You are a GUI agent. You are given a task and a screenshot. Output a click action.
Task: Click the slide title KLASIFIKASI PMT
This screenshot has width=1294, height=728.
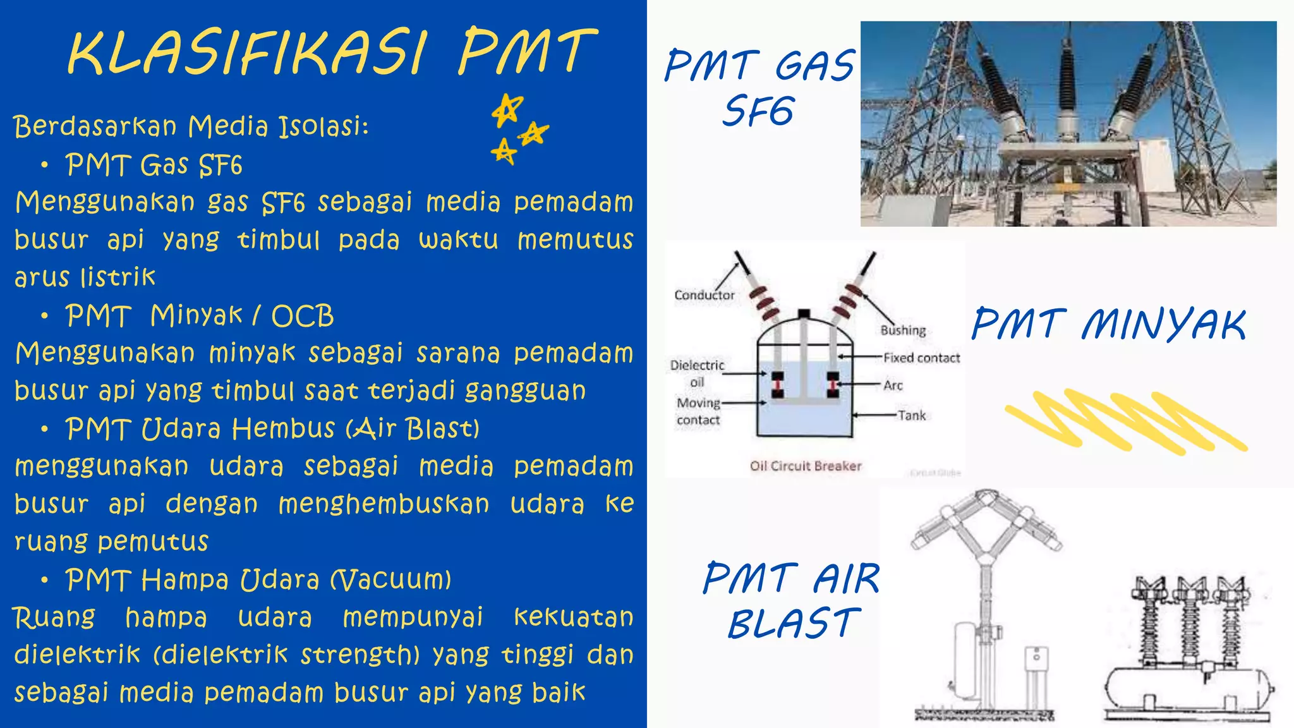331,52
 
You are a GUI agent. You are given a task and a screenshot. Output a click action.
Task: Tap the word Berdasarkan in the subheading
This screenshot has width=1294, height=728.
95,126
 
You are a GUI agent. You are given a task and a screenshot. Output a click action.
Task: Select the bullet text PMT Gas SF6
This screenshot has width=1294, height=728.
154,166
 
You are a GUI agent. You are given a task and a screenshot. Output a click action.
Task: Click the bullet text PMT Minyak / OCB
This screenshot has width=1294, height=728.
199,316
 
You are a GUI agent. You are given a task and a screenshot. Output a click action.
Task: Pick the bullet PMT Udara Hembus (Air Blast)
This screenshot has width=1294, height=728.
272,429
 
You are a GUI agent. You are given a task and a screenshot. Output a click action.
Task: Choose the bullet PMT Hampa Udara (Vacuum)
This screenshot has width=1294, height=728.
258,579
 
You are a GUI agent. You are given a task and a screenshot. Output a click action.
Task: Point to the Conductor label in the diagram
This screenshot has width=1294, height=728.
704,295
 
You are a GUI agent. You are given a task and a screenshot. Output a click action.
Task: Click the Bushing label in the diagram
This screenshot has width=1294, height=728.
903,330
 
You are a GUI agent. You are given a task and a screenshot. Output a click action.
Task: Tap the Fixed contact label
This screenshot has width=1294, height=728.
921,358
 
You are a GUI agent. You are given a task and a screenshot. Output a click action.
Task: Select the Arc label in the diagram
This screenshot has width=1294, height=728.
893,385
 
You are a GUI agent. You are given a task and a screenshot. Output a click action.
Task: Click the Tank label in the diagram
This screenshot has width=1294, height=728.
912,415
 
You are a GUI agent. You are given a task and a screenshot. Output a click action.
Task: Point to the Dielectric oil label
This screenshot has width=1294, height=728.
697,373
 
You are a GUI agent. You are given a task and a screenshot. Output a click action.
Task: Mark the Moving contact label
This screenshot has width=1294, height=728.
698,411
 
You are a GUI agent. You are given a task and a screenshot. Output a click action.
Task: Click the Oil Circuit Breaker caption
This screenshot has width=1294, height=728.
806,466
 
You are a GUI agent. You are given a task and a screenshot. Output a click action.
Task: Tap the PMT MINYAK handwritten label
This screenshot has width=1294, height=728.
1109,324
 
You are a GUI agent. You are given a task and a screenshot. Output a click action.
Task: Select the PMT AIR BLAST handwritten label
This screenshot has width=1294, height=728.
791,600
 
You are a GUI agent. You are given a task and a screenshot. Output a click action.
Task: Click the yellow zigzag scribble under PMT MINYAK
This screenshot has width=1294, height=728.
1125,421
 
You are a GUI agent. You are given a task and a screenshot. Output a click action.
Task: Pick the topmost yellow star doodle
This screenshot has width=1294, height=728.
507,110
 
